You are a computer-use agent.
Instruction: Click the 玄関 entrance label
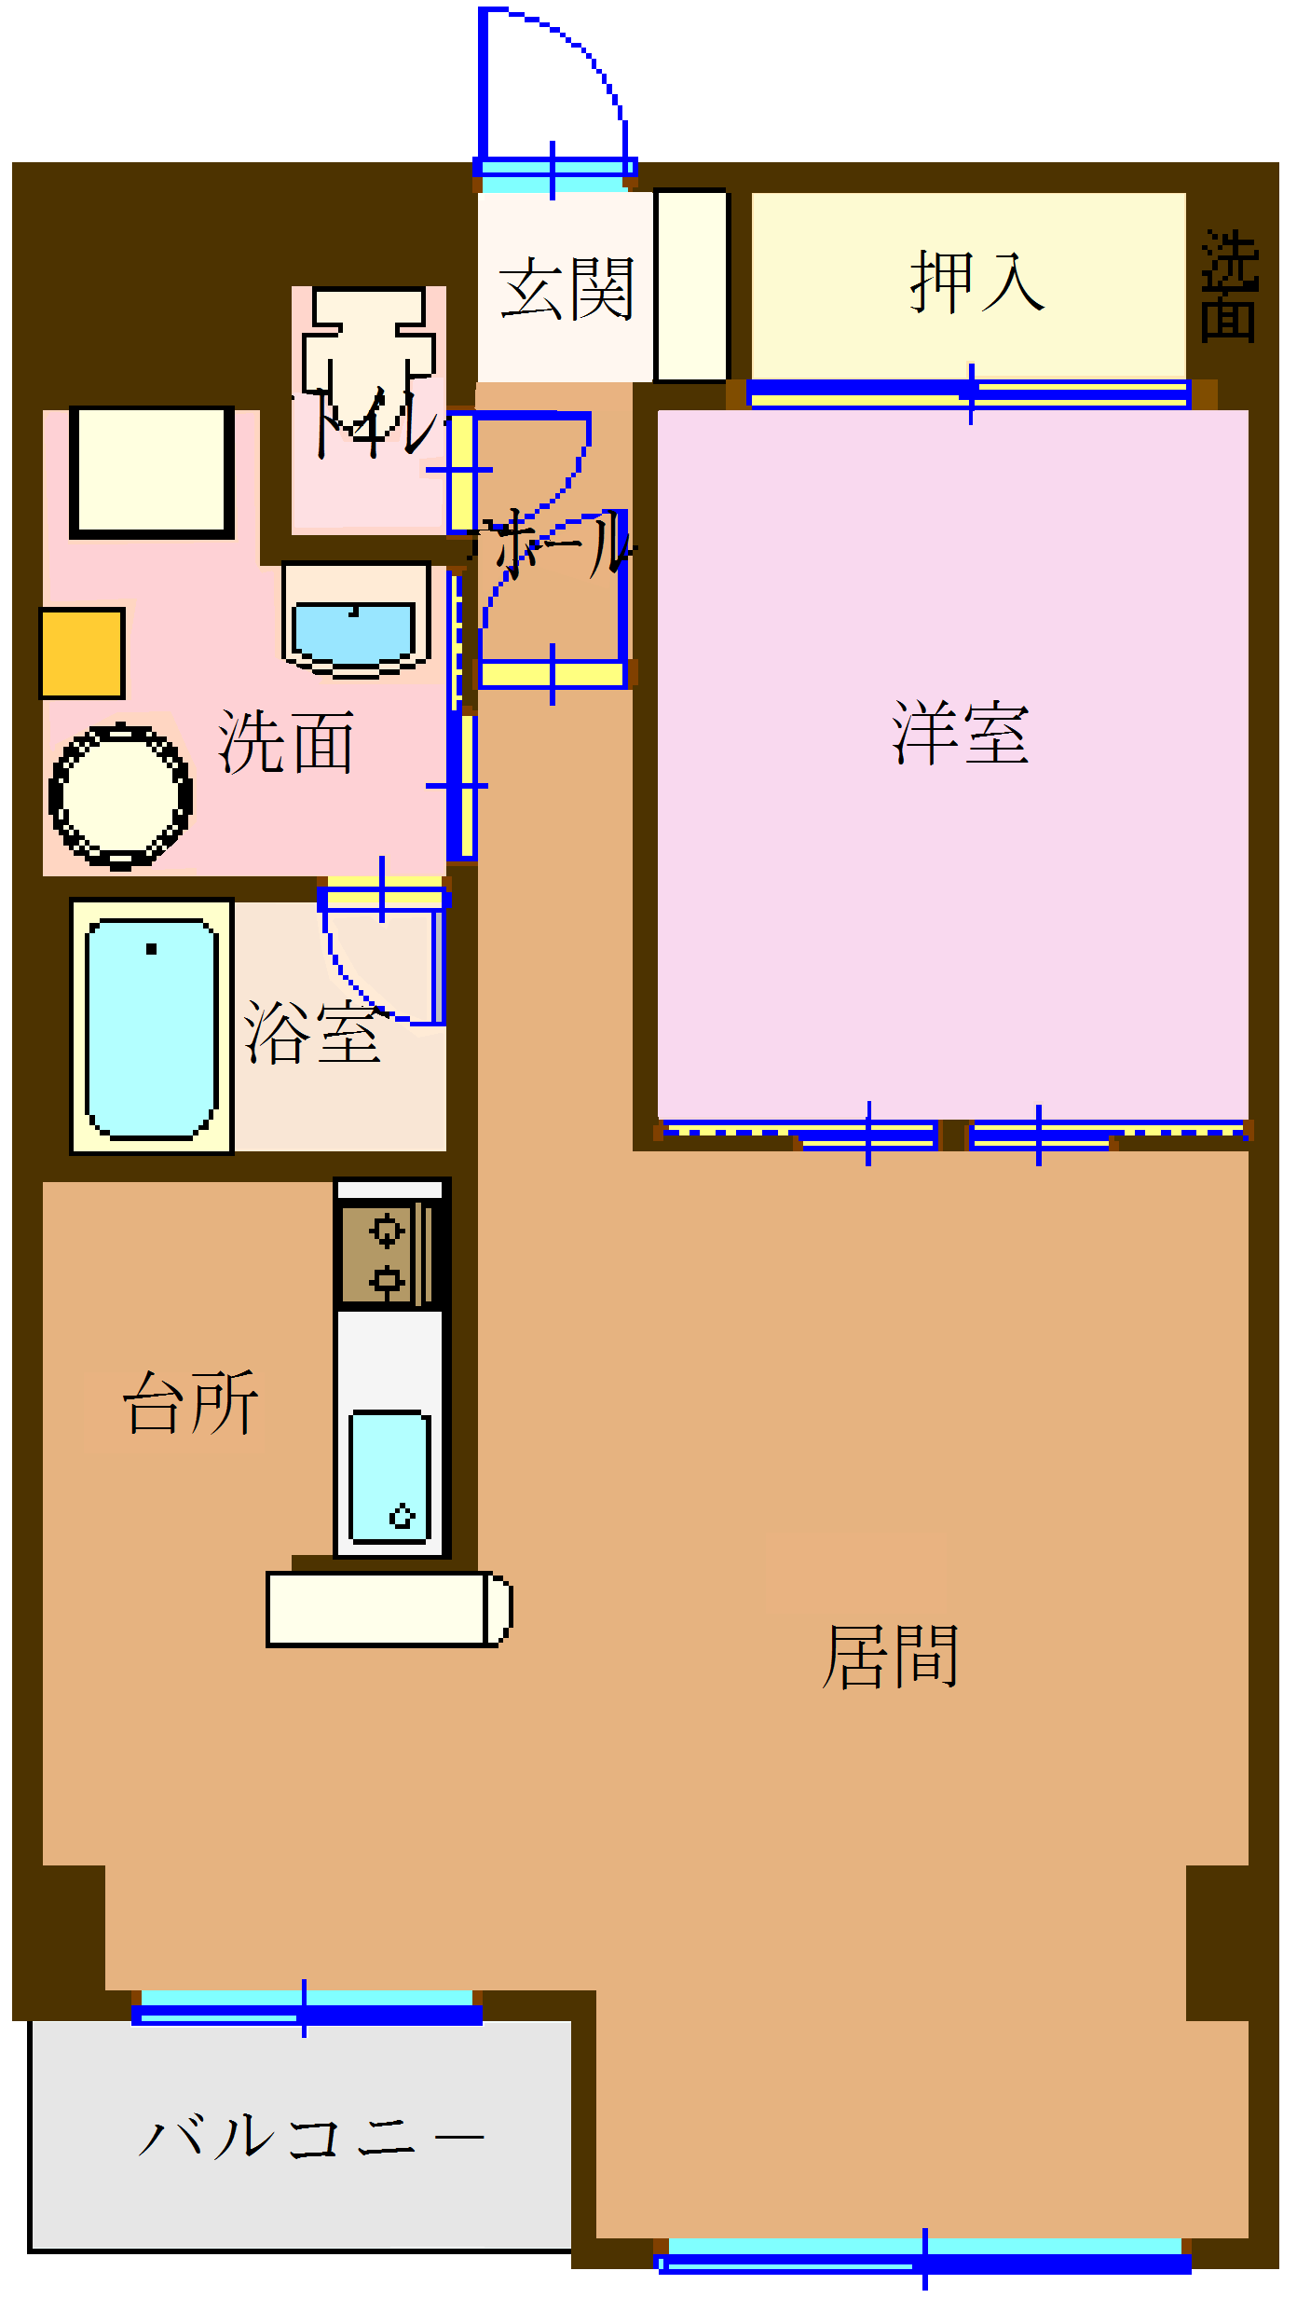566,289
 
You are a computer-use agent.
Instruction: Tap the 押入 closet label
976,282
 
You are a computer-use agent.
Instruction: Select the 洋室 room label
960,734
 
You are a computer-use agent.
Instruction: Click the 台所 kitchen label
191,1403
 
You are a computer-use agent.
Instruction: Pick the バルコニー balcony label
310,2135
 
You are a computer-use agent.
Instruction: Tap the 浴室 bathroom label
312,1033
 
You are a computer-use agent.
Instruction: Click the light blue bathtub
151,1027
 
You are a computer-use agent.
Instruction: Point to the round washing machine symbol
120,797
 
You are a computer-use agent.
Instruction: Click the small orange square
82,654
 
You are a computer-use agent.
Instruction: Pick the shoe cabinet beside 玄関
690,285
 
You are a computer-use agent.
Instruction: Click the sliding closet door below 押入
969,393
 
